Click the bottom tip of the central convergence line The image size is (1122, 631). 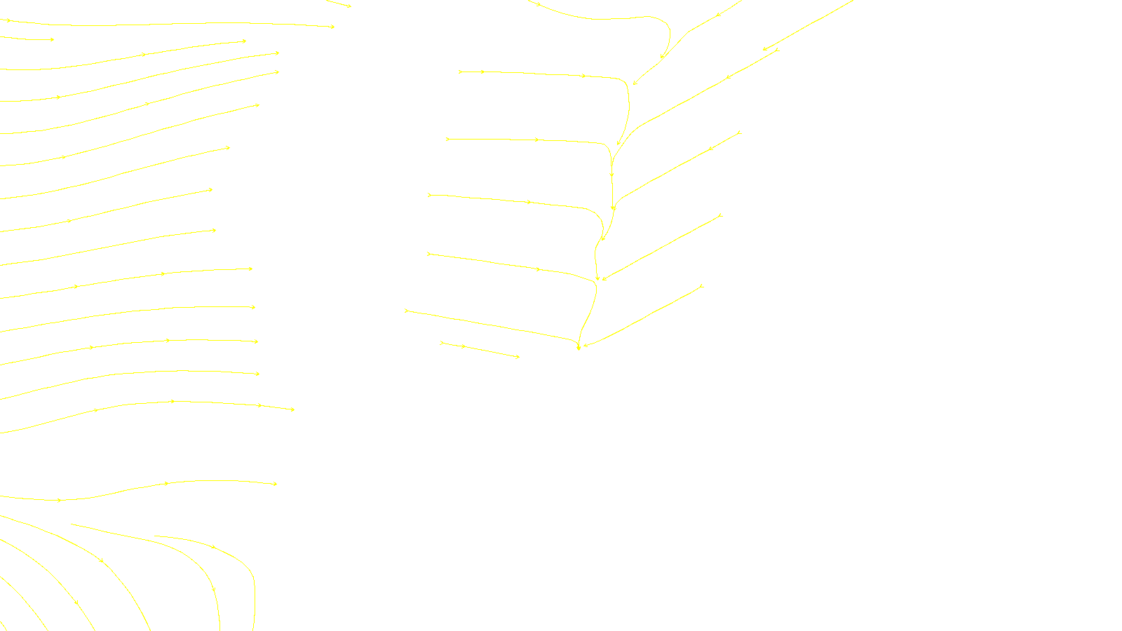(x=579, y=348)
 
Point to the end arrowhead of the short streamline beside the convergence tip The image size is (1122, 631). (x=518, y=357)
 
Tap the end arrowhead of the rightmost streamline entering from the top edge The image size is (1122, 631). (x=764, y=50)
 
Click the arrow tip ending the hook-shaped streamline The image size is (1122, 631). (x=661, y=57)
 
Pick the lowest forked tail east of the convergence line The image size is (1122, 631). (x=701, y=285)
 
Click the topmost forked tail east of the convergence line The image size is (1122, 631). (x=777, y=49)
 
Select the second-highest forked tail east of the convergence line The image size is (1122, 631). (x=740, y=132)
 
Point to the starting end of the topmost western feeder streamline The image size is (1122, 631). (x=459, y=72)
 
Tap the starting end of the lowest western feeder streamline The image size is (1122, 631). (x=406, y=310)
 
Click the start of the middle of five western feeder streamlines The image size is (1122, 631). (x=428, y=194)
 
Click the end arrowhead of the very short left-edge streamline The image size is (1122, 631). (x=53, y=40)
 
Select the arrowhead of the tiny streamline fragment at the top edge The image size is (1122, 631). (x=349, y=7)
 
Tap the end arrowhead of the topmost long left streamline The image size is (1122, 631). (x=333, y=27)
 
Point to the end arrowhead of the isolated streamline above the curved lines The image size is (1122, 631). (x=276, y=484)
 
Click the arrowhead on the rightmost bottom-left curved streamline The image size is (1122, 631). (x=214, y=547)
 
